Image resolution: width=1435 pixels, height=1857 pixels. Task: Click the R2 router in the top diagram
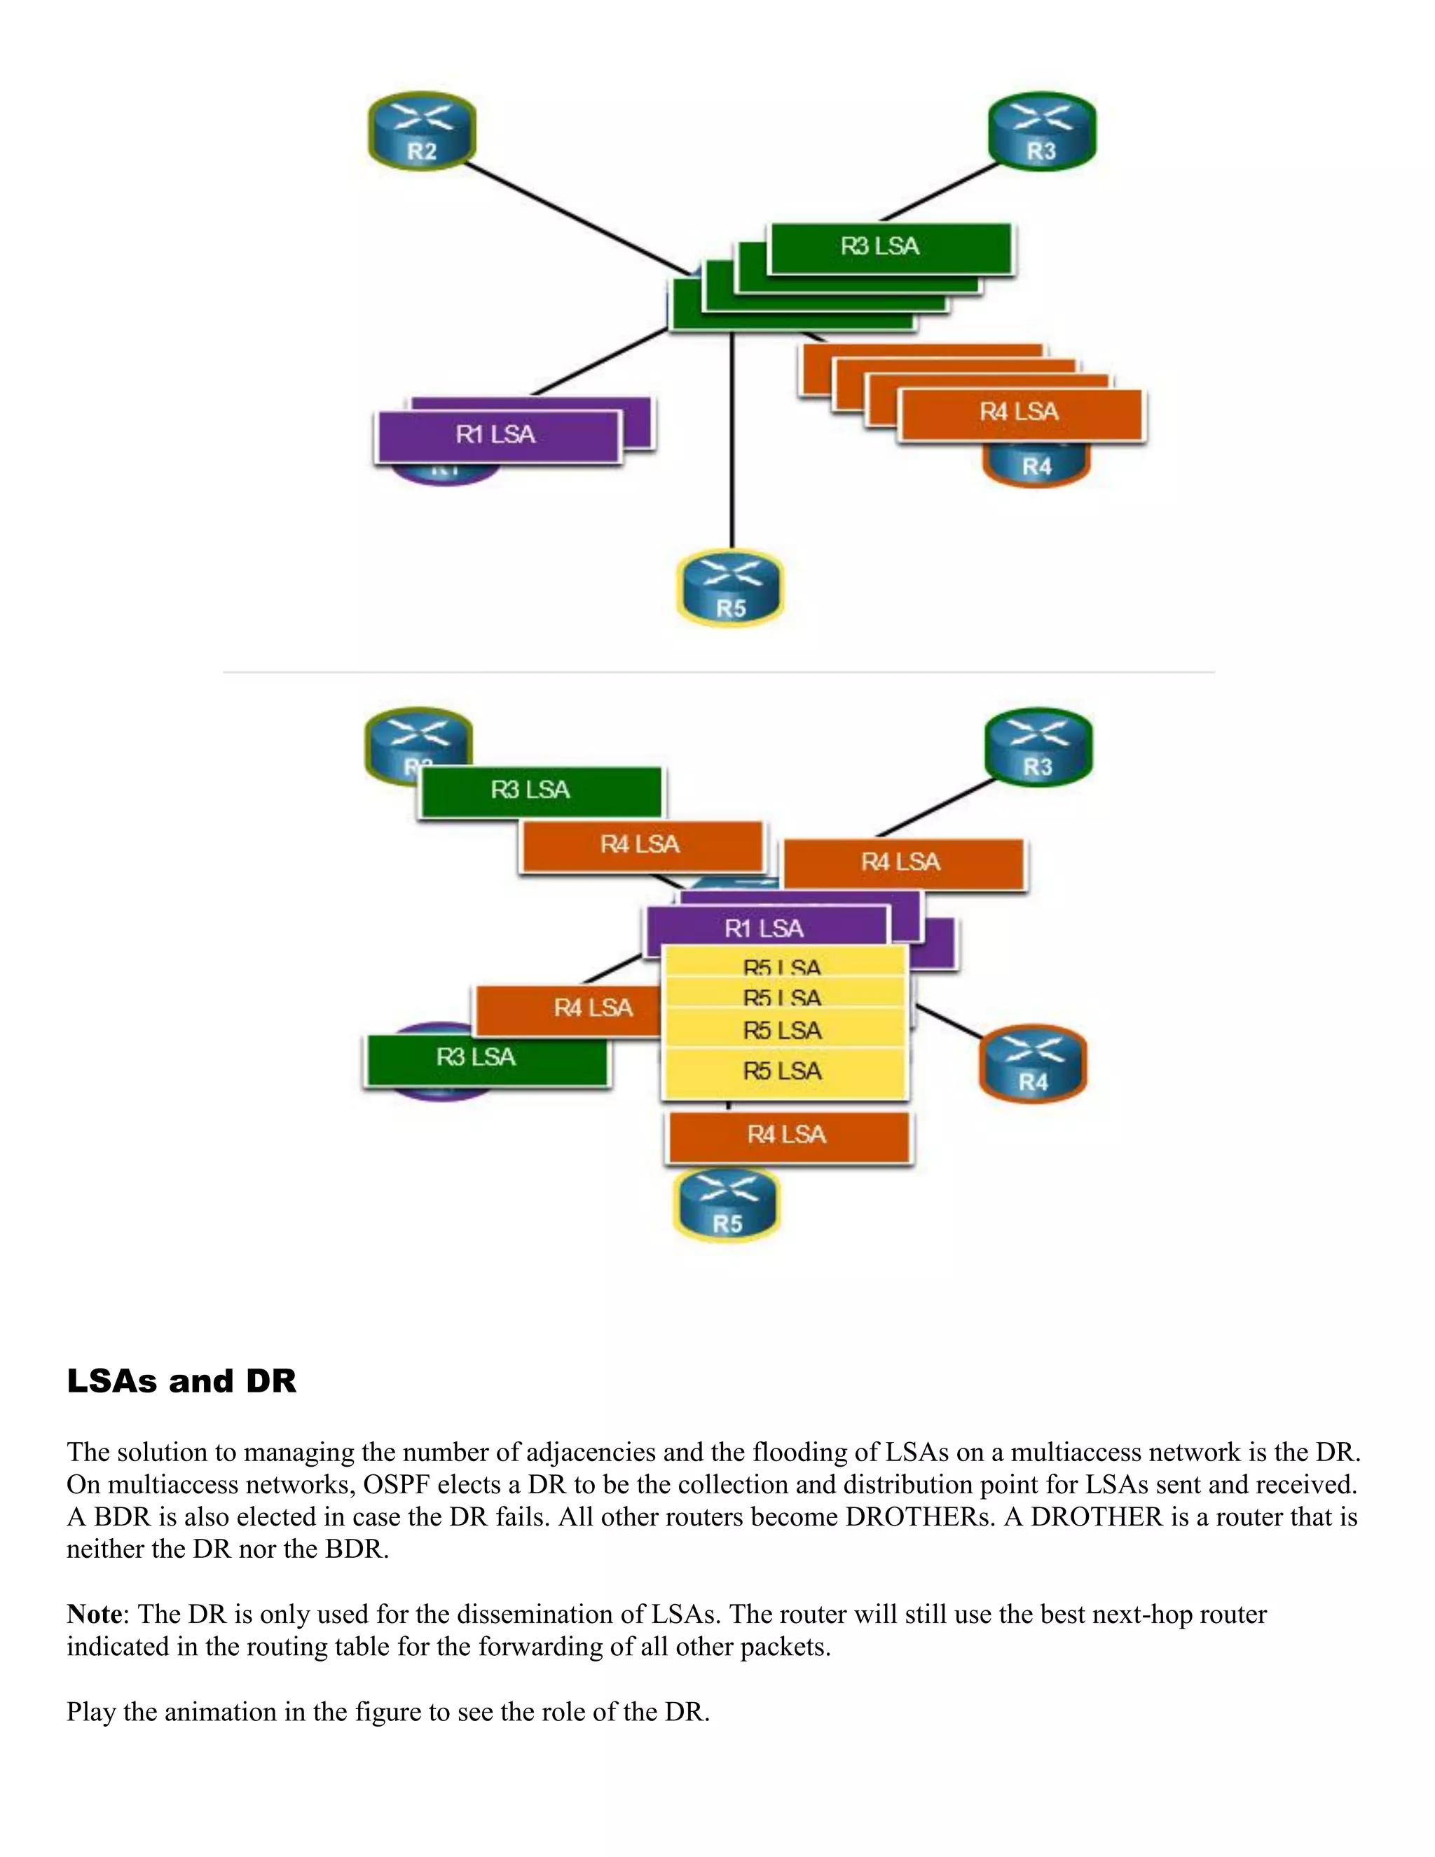tap(422, 132)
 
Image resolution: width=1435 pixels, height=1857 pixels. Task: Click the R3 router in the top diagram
tap(1041, 132)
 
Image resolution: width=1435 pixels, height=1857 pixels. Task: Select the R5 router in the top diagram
tap(730, 589)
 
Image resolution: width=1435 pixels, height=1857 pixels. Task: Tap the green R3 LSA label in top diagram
tap(889, 247)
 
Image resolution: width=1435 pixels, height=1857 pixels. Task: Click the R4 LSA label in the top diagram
tap(1019, 413)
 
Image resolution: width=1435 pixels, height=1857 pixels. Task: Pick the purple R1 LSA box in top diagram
tap(497, 435)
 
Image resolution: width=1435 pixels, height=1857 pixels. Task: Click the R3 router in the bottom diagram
tap(1038, 748)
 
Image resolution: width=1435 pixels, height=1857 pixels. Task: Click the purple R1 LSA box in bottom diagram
tap(764, 928)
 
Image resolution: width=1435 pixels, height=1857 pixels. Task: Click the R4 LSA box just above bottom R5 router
tap(787, 1136)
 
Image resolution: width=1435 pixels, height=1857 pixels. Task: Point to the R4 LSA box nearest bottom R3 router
tap(902, 863)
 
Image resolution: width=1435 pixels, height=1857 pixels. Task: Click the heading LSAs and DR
tap(181, 1381)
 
